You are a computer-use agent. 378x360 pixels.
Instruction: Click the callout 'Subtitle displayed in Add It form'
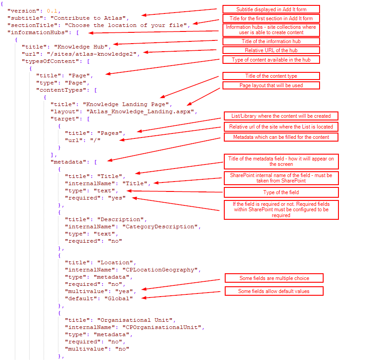(x=271, y=9)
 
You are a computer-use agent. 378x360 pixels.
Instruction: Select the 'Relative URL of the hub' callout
(x=271, y=50)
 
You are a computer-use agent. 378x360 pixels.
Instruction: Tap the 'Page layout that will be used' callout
(x=271, y=85)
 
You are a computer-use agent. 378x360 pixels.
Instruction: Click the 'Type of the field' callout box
(x=281, y=192)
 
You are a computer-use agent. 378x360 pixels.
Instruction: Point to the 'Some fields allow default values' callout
(x=274, y=291)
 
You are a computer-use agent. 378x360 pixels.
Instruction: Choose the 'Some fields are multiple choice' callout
(x=274, y=278)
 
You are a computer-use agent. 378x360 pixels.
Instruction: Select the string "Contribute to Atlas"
(x=89, y=18)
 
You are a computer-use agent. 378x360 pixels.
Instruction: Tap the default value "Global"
(x=118, y=298)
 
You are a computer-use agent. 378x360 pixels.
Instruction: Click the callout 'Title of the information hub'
(x=271, y=41)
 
